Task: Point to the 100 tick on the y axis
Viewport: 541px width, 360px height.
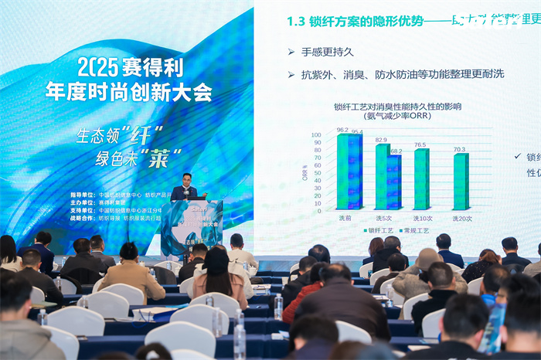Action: pyautogui.click(x=316, y=135)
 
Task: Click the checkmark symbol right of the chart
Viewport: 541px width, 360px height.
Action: pyautogui.click(x=517, y=156)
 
